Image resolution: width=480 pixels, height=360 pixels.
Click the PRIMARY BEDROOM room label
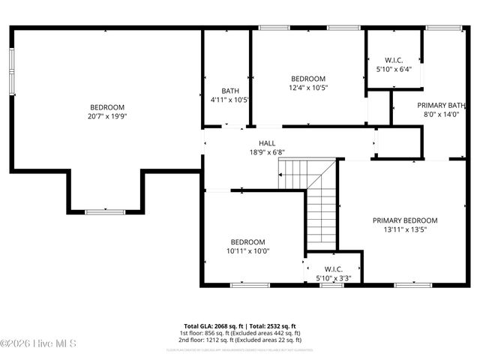pos(405,220)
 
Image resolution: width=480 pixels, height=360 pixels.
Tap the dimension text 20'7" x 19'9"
pos(107,116)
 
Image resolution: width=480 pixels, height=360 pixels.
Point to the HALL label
pos(267,143)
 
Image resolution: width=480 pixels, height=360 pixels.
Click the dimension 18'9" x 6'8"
pos(267,152)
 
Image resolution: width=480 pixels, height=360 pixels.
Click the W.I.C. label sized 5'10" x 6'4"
pos(394,60)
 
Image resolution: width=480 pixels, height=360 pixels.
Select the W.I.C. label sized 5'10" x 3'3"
pos(334,269)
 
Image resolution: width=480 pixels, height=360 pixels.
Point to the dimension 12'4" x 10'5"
pos(308,88)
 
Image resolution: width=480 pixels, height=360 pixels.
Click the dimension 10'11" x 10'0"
pos(247,251)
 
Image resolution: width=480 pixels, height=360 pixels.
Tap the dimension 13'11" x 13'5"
pos(405,230)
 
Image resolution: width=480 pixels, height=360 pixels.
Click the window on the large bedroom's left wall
pos(11,72)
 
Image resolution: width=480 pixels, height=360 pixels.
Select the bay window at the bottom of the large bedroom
pos(105,212)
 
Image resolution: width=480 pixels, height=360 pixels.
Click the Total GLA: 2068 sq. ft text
pos(214,326)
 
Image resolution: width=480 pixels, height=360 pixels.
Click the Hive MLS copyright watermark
pos(34,343)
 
